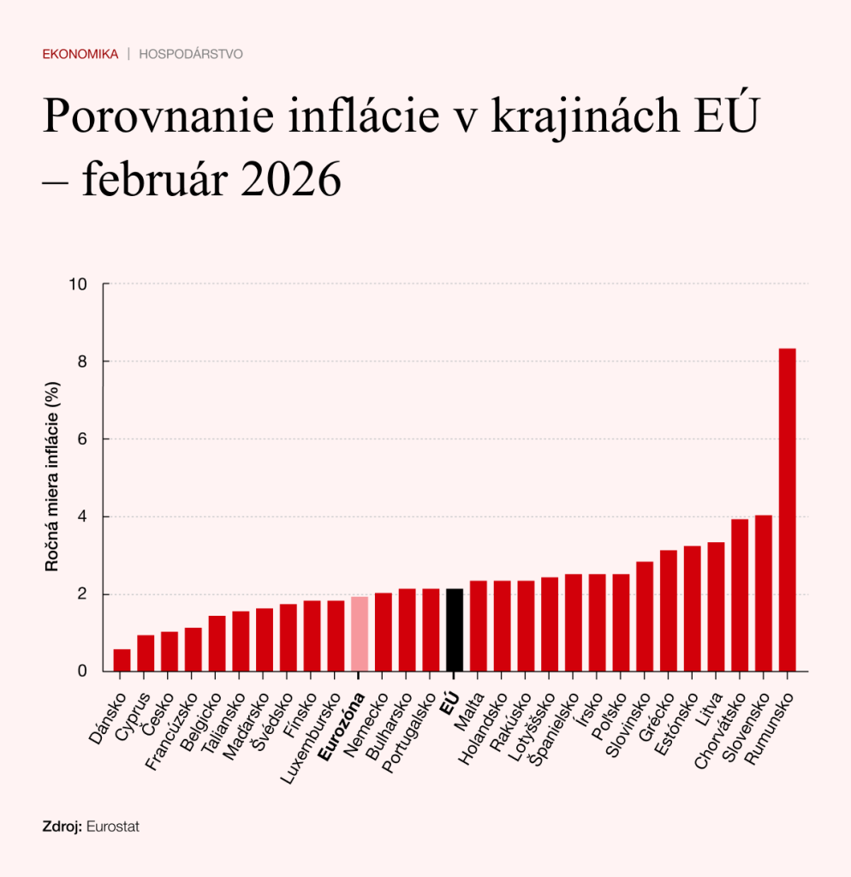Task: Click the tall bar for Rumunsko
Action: (787, 510)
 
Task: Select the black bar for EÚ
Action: (455, 629)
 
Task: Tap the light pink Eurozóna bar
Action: (360, 634)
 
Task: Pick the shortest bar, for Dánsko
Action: (122, 660)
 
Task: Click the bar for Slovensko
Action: (763, 593)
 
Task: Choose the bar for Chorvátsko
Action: (740, 595)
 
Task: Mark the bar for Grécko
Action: (669, 611)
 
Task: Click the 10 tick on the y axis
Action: (83, 283)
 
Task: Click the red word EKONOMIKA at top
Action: (80, 54)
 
